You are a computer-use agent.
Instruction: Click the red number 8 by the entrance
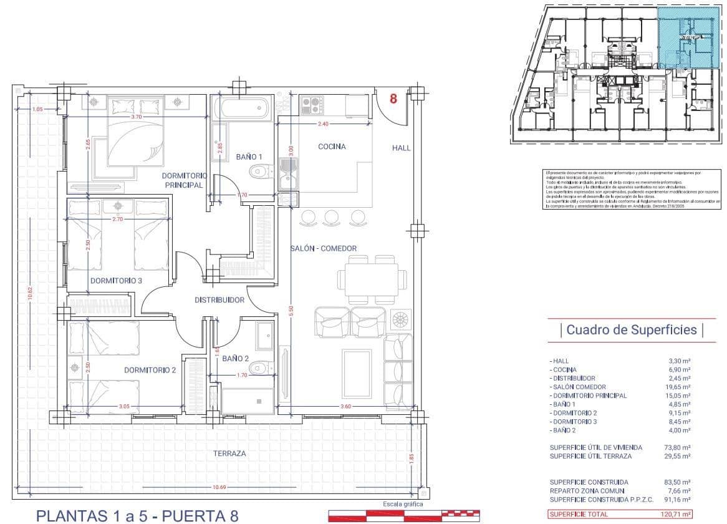[393, 99]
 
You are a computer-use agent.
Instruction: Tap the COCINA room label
[332, 147]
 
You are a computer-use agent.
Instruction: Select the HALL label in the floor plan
[402, 148]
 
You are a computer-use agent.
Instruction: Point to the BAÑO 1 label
[249, 156]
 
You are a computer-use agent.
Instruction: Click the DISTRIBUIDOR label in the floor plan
[219, 300]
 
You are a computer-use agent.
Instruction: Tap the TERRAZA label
[229, 454]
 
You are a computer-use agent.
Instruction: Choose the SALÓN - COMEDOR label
[324, 248]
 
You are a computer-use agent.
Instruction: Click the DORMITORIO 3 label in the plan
[117, 281]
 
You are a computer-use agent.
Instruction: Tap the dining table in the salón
[368, 277]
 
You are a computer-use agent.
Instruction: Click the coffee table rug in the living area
[357, 373]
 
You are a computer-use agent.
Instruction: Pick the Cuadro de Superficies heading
[631, 330]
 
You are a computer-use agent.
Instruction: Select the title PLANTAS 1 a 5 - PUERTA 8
[137, 516]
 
